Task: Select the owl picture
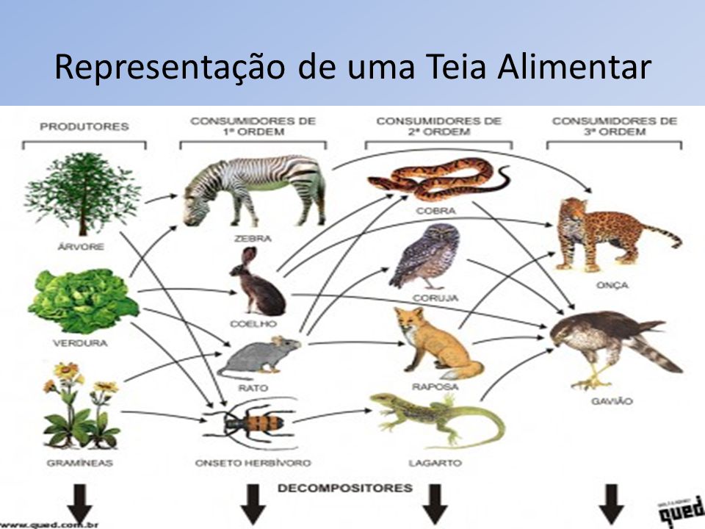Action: (x=426, y=257)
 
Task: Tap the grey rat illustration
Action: (x=261, y=356)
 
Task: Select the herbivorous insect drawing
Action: (x=253, y=425)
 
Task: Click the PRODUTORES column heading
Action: (x=84, y=126)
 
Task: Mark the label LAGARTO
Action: (x=435, y=463)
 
